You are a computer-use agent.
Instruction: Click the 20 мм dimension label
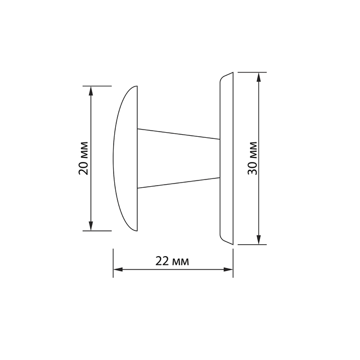[83, 158]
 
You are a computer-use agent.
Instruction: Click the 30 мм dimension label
[253, 158]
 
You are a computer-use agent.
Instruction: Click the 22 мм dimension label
[172, 261]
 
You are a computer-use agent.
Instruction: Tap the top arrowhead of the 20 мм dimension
[91, 91]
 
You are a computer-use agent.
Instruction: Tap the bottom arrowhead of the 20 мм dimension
[91, 226]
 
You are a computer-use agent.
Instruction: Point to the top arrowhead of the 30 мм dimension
[259, 77]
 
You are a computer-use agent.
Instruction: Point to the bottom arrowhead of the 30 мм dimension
[259, 240]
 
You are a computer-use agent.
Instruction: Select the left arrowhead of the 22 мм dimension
[118, 269]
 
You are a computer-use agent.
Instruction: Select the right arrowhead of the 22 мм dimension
[228, 269]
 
